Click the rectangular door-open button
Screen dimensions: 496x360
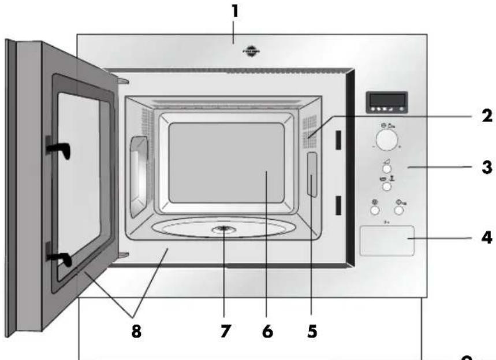pyautogui.click(x=387, y=239)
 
